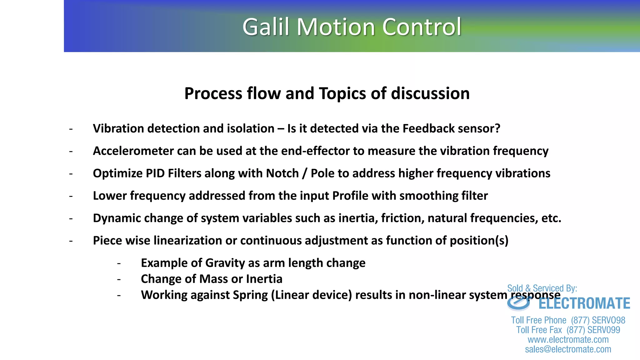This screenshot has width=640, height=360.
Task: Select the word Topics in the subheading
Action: tap(343, 93)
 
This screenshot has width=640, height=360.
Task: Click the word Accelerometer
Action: tap(133, 151)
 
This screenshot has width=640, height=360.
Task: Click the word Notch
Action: tap(282, 173)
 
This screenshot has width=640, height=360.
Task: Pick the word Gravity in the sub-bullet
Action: tap(225, 263)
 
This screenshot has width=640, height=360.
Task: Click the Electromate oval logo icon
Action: tap(519, 303)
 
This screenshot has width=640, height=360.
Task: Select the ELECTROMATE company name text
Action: tap(584, 303)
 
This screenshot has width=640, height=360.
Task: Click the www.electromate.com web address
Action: tap(568, 340)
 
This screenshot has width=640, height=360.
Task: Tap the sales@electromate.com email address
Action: tap(568, 349)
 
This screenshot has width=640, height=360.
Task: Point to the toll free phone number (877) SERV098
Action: tap(598, 320)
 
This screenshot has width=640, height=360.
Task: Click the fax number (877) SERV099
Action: tap(593, 330)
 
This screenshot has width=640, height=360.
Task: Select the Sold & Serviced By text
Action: tap(542, 288)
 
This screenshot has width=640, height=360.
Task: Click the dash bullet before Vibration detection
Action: tap(71, 129)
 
